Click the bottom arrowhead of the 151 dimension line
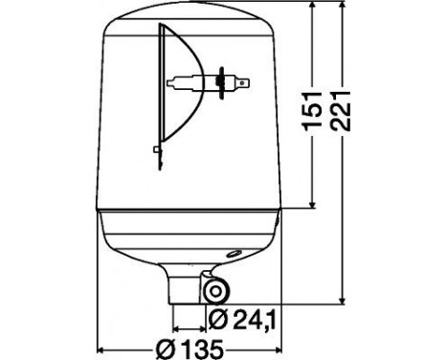[x=314, y=206]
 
